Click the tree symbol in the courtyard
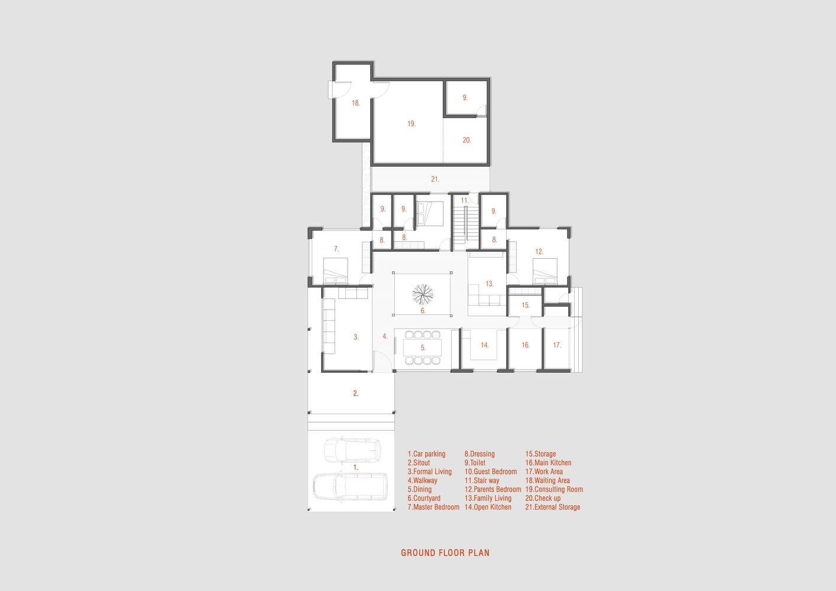point(423,294)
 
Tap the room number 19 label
point(411,124)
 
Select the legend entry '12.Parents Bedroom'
point(492,489)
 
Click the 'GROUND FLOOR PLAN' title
point(445,553)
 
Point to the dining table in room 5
point(423,348)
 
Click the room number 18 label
point(356,103)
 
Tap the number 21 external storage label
point(435,179)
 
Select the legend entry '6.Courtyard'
point(424,498)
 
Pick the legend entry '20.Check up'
point(543,498)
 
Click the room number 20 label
point(466,140)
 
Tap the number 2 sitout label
point(356,393)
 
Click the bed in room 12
point(545,271)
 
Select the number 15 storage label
point(526,305)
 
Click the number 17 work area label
point(557,345)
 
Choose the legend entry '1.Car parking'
point(427,454)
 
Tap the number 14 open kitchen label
point(484,345)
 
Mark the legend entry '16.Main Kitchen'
point(548,463)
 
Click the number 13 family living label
point(490,284)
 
